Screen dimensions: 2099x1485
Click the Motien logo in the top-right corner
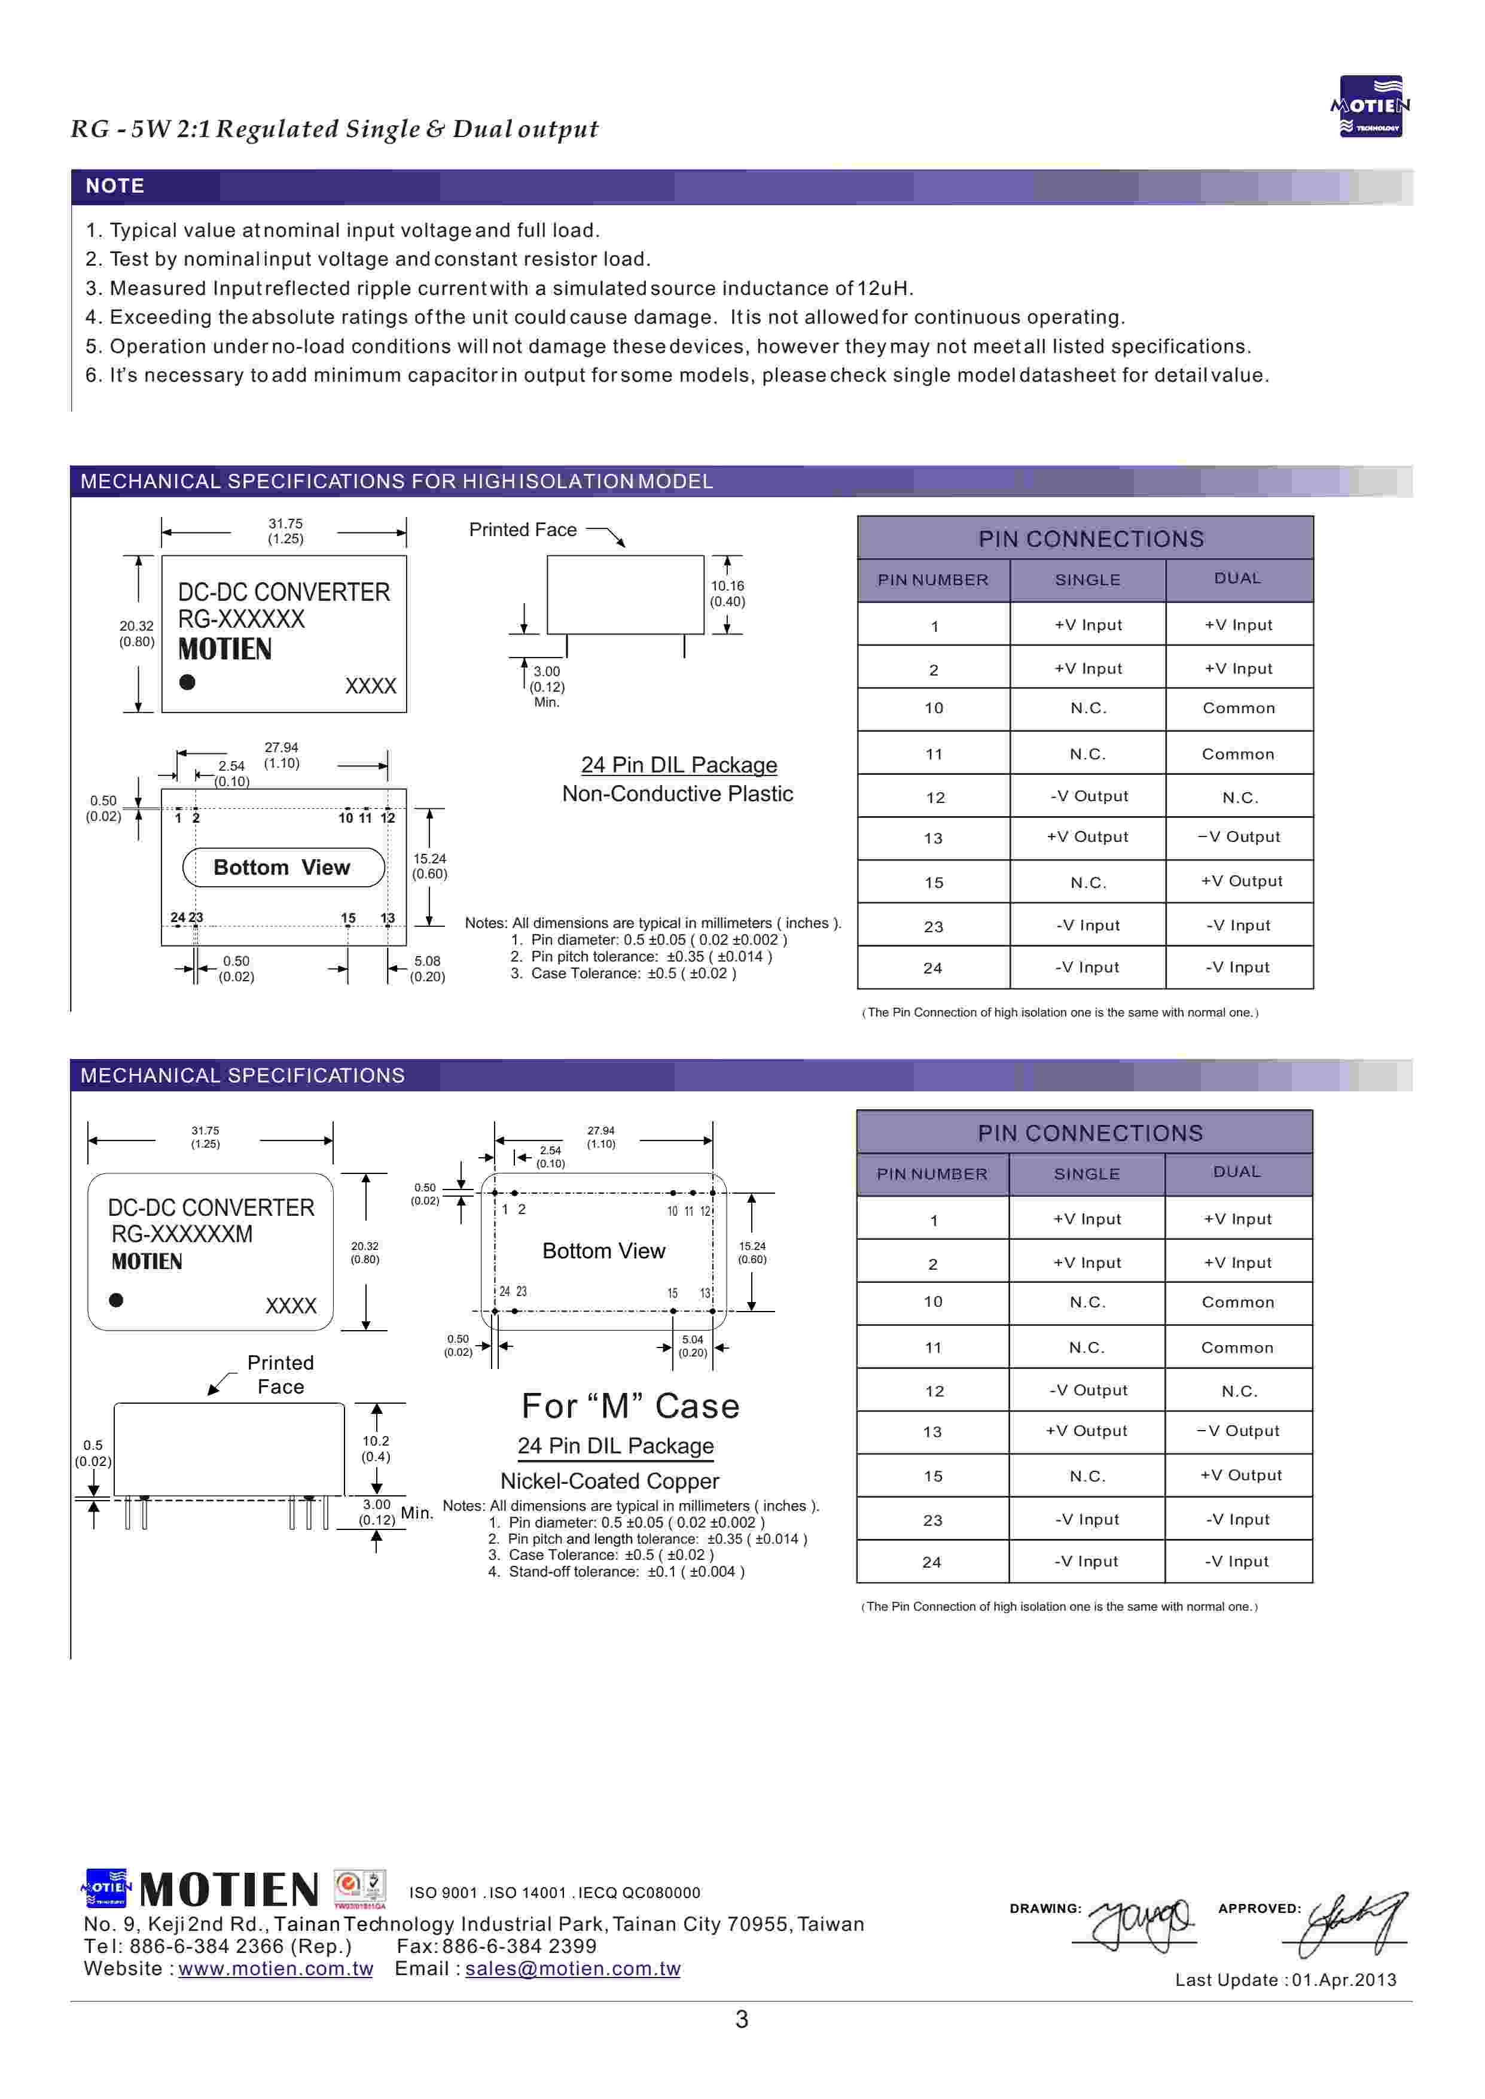(1370, 106)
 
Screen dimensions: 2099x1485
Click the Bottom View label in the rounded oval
(282, 867)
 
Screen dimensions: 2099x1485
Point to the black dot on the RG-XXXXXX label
(187, 682)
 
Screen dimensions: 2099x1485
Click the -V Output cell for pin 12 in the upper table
(1088, 796)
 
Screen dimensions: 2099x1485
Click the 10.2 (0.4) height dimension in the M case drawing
(376, 1448)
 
